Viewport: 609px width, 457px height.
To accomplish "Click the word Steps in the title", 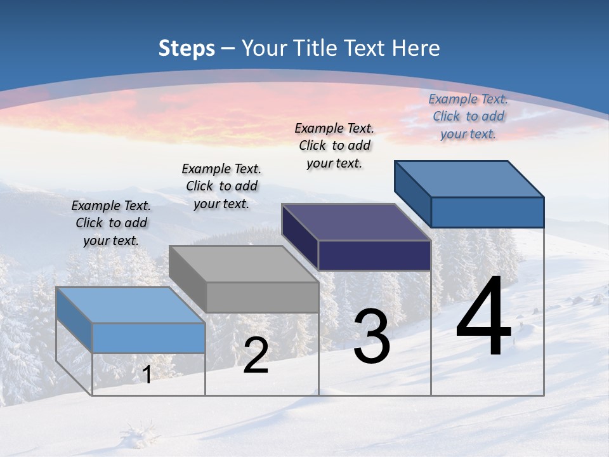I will click(x=187, y=48).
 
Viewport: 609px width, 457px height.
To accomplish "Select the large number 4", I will click(x=483, y=317).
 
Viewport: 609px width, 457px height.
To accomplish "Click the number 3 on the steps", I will click(x=372, y=337).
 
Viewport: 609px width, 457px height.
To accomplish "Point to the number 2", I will click(x=256, y=355).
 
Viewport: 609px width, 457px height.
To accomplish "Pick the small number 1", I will click(x=147, y=374).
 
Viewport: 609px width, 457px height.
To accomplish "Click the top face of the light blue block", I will click(x=130, y=305).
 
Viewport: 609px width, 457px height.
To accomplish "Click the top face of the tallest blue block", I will click(x=469, y=178).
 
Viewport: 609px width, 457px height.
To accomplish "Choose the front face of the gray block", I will click(x=263, y=297).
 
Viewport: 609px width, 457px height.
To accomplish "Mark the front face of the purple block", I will click(x=375, y=256).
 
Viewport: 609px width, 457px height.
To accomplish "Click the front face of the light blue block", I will click(x=149, y=338).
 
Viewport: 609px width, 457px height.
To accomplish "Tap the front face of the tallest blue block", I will click(x=487, y=212).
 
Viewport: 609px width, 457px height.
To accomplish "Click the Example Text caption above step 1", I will click(x=111, y=223).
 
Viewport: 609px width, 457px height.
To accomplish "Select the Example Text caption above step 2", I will click(x=221, y=186).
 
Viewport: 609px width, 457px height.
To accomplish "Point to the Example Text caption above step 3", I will click(x=334, y=145).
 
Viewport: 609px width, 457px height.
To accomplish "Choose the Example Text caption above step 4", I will click(x=468, y=116).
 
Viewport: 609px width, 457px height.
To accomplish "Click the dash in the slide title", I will click(x=228, y=49).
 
